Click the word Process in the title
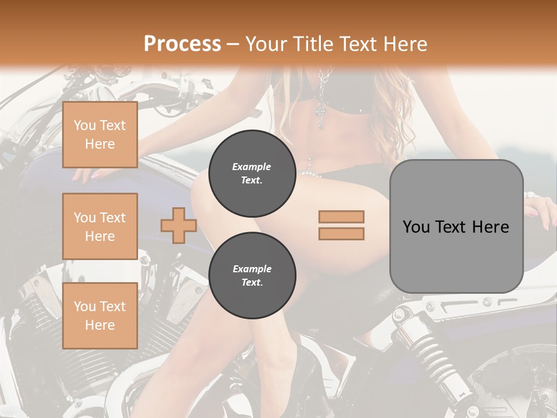click(x=182, y=44)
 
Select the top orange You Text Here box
click(x=100, y=135)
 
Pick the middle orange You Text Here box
click(x=100, y=226)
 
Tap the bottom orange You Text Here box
click(x=100, y=315)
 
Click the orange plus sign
click(x=179, y=225)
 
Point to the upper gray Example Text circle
click(x=252, y=173)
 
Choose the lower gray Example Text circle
click(x=252, y=275)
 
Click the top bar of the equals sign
click(x=341, y=217)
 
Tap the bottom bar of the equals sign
click(x=341, y=233)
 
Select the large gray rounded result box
click(x=456, y=226)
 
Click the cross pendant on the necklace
click(x=321, y=116)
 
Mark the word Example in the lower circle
click(x=252, y=269)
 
